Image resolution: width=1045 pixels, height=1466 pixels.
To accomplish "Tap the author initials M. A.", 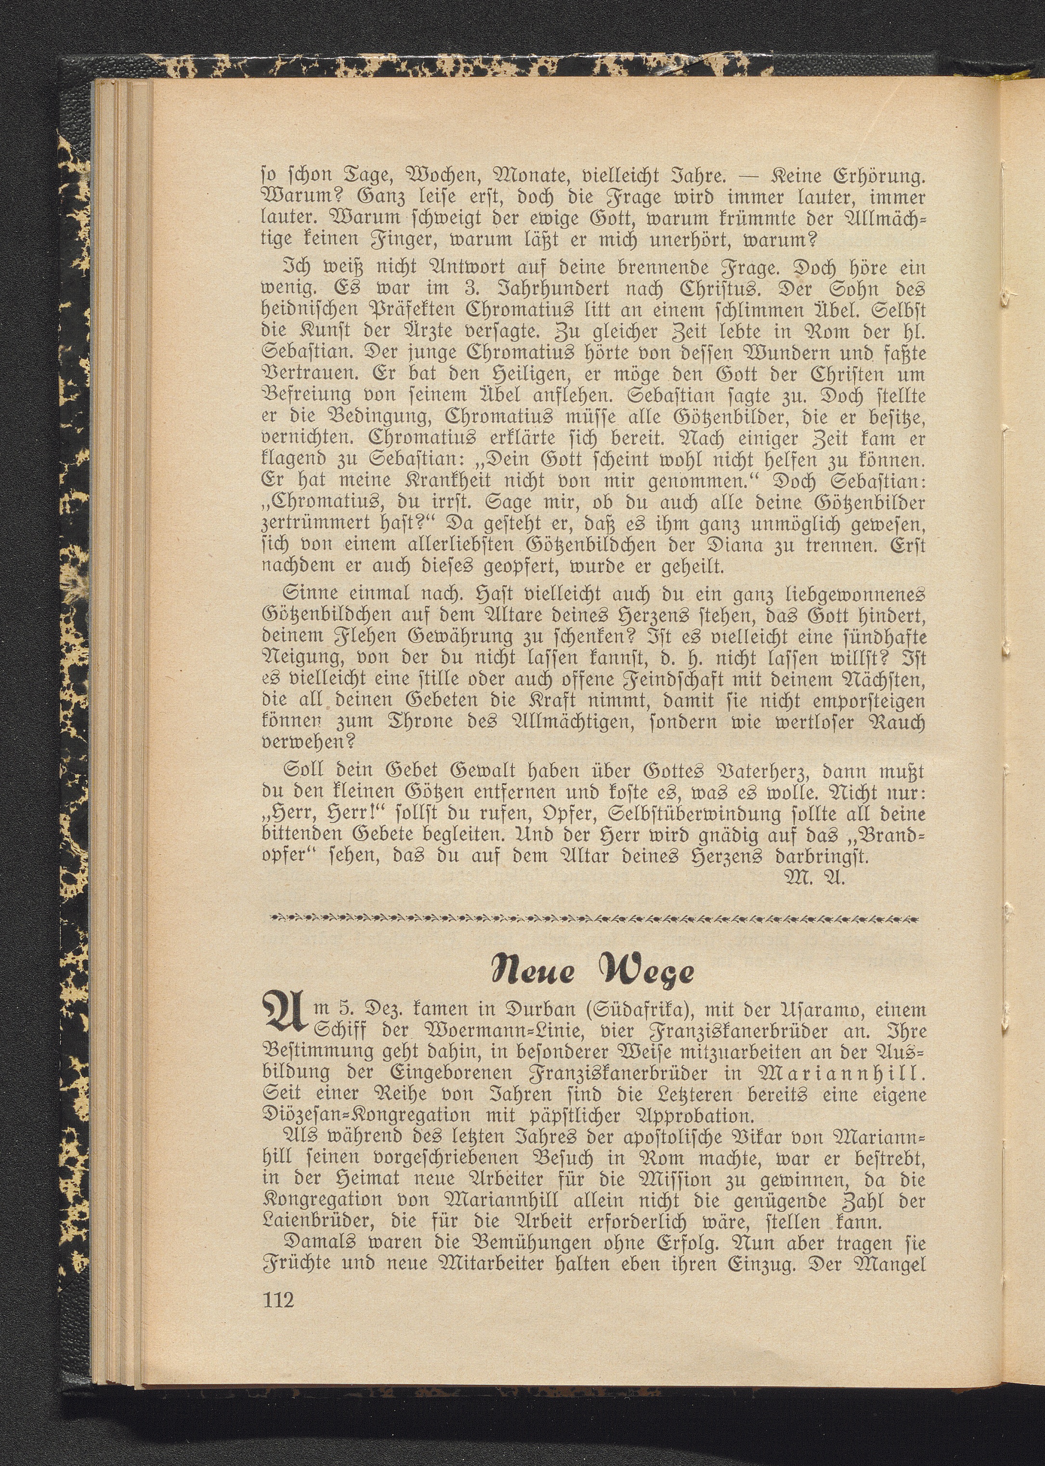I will [x=815, y=878].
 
